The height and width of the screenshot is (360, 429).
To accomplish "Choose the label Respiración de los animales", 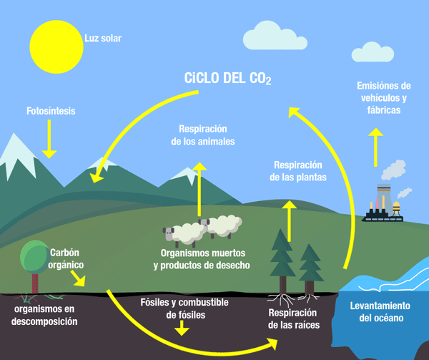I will pos(203,135).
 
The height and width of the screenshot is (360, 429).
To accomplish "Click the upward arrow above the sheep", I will pos(201,190).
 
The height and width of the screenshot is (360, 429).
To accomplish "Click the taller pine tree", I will pos(283,254).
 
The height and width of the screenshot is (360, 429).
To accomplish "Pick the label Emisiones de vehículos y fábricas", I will pos(385,98).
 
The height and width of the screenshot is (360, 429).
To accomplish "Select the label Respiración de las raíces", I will pos(293,318).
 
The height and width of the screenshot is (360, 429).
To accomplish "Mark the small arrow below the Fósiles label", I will pos(184,328).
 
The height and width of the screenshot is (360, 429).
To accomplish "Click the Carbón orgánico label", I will pos(68,258).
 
